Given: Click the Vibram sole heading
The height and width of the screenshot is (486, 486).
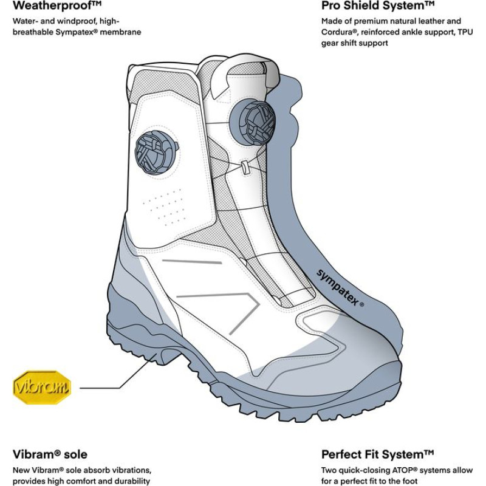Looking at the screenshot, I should click(x=50, y=454).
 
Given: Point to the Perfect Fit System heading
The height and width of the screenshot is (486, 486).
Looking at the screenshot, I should click(x=377, y=454).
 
